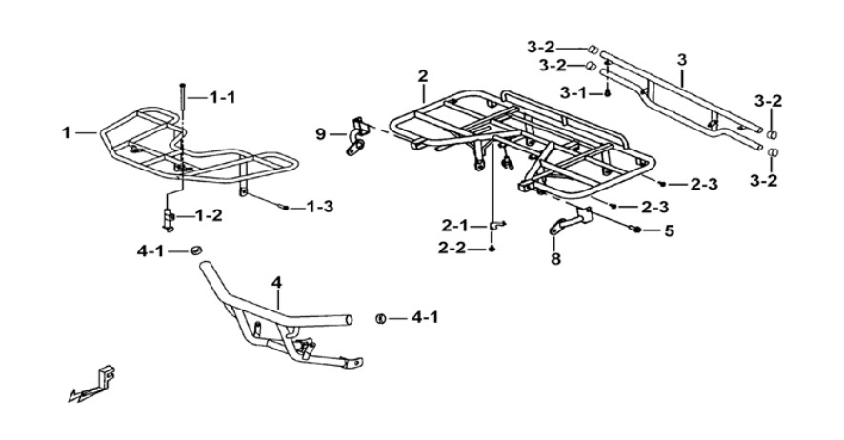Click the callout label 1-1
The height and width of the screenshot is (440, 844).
(222, 98)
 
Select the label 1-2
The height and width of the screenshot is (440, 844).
(209, 215)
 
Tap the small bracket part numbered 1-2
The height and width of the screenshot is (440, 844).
(169, 219)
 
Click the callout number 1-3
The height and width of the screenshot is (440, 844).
(320, 206)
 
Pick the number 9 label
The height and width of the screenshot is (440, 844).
(321, 134)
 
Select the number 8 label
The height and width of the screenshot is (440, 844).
(555, 259)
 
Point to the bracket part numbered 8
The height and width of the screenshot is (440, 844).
(571, 220)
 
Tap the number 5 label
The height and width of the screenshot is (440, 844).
(669, 231)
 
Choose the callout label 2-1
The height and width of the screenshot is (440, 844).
(455, 226)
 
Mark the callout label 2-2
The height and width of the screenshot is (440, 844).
(452, 249)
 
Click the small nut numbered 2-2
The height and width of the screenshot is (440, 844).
(492, 249)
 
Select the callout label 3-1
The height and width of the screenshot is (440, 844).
(573, 93)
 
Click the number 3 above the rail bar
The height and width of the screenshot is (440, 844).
(682, 60)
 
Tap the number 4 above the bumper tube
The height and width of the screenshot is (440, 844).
(276, 283)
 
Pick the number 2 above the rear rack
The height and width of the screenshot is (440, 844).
(423, 76)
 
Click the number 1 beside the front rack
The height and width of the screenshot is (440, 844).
(67, 132)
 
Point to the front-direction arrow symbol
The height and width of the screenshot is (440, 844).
(92, 385)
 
